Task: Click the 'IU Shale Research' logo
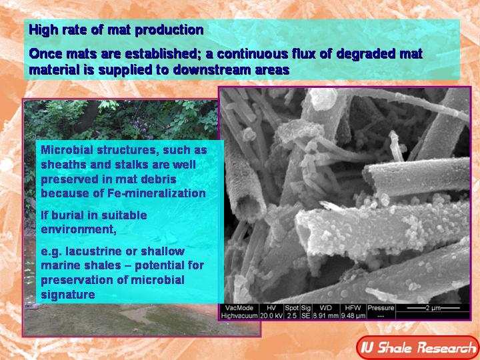coord(417,347)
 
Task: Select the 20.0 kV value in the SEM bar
coord(269,315)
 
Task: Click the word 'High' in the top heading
coord(41,30)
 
